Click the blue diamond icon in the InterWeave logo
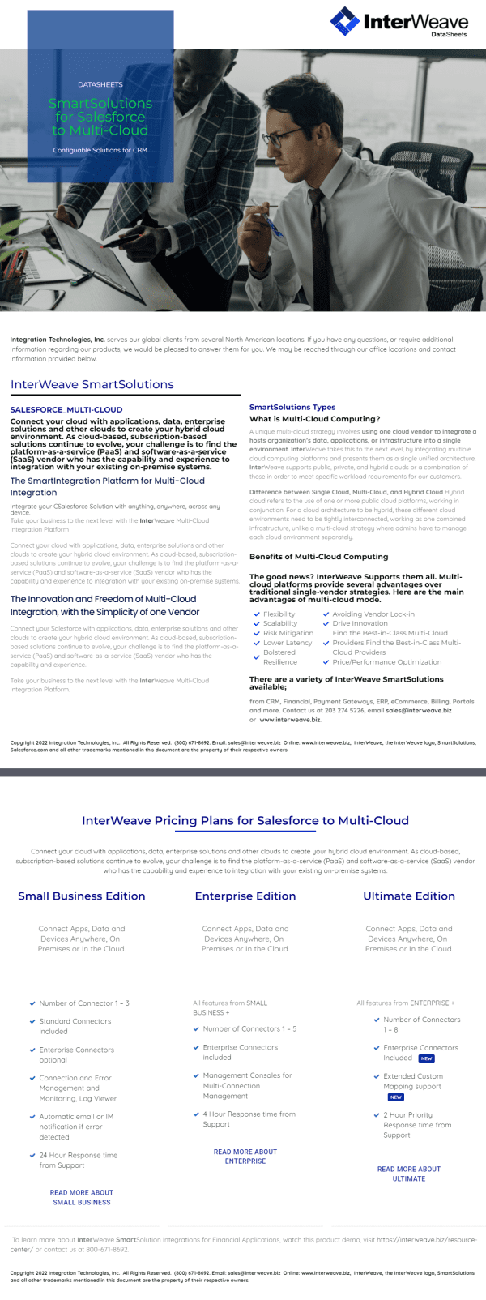344,21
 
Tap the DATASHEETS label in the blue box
100,84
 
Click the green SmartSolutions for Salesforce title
100,117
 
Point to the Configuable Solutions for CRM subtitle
100,150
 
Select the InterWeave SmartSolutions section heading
92,384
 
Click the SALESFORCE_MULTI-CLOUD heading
66,409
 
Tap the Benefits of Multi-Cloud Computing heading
318,557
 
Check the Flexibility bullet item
279,614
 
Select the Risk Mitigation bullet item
288,633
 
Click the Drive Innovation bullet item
360,623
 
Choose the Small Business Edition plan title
82,896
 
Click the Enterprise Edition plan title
245,896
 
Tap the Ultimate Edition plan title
409,896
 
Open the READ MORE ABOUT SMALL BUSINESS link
82,1197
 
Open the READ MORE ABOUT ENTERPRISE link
245,1157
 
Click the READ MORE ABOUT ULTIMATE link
409,1174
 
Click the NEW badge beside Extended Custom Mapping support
396,1097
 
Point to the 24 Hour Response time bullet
78,1160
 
